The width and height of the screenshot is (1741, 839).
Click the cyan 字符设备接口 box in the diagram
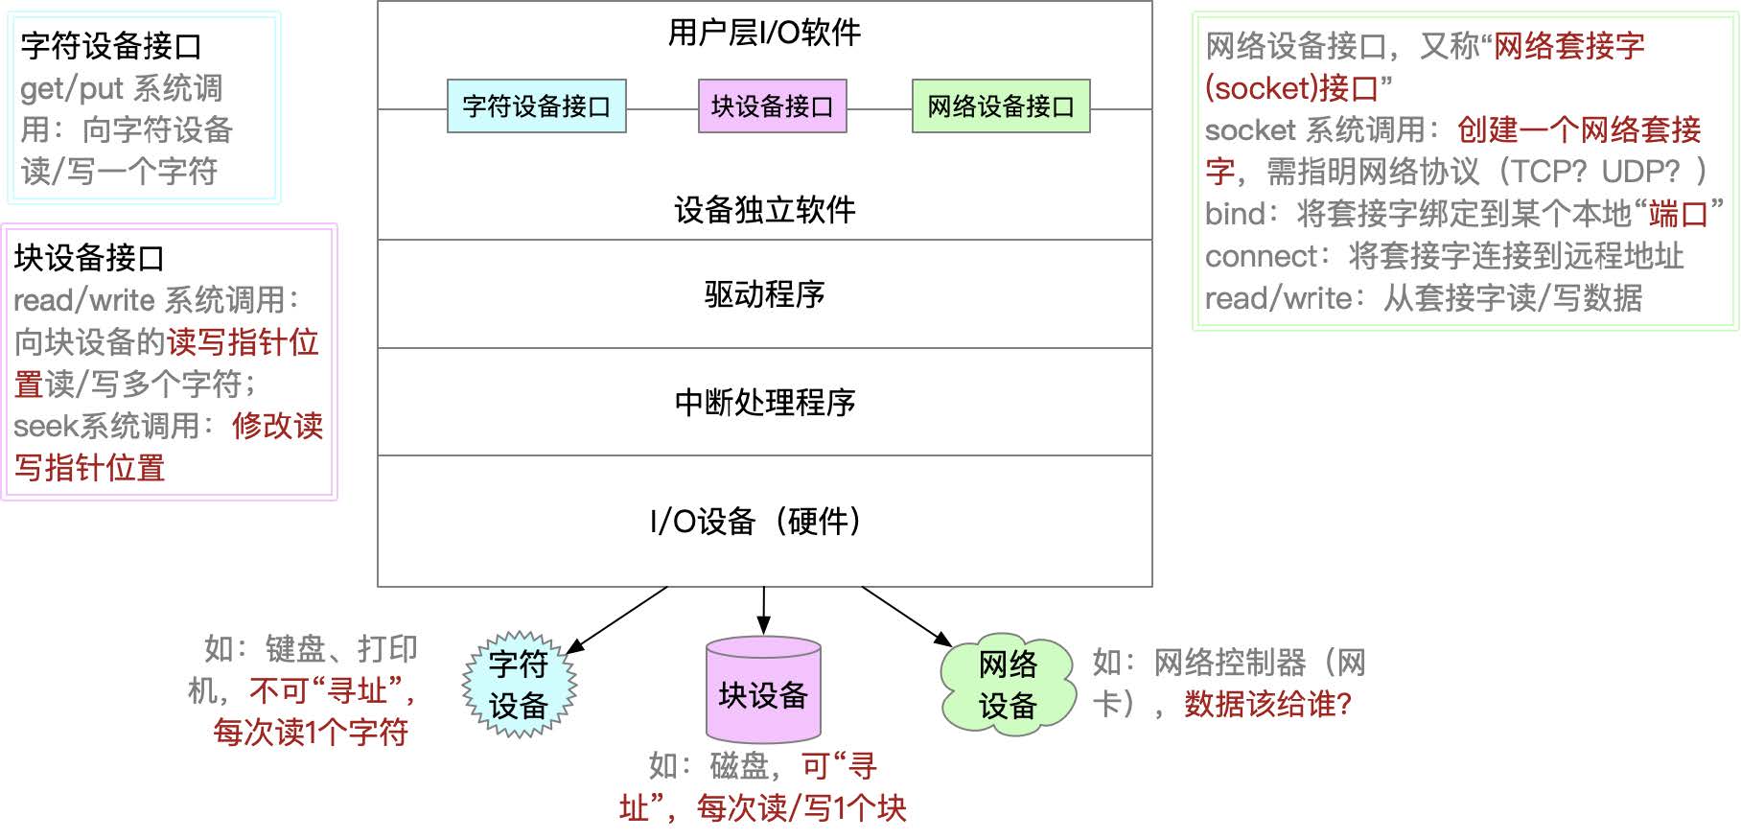pyautogui.click(x=536, y=105)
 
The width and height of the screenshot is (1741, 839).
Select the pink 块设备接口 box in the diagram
pyautogui.click(x=772, y=105)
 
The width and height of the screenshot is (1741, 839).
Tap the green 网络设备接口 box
pyautogui.click(x=1001, y=105)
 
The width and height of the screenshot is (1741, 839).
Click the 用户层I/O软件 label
pyautogui.click(x=764, y=34)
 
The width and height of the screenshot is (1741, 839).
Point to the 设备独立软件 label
pyautogui.click(x=764, y=210)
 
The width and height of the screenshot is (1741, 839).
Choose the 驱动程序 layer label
pyautogui.click(x=764, y=294)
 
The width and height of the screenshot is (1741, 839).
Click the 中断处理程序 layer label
pyautogui.click(x=764, y=403)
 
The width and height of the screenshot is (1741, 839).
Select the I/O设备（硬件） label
pyautogui.click(x=756, y=522)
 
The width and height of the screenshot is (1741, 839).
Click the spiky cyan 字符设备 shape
pyautogui.click(x=519, y=685)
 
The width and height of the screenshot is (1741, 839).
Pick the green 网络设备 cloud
pyautogui.click(x=1007, y=685)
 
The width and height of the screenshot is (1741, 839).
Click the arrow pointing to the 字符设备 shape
pyautogui.click(x=617, y=620)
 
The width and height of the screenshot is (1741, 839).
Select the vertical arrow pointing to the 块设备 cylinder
pyautogui.click(x=763, y=610)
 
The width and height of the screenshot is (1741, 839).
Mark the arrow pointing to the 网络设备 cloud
pyautogui.click(x=907, y=617)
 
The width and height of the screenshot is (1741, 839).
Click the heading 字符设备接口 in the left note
pyautogui.click(x=111, y=46)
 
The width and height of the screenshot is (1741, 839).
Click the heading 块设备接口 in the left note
pyautogui.click(x=89, y=258)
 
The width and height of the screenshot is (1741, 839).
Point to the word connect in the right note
pyautogui.click(x=1261, y=256)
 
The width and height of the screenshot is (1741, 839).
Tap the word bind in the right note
pyautogui.click(x=1235, y=214)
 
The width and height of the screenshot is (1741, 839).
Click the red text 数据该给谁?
pyautogui.click(x=1267, y=705)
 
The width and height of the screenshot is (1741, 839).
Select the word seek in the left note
pyautogui.click(x=45, y=427)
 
